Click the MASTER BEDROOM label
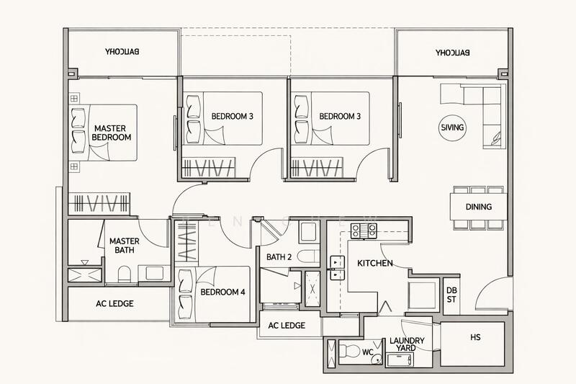[x=112, y=133]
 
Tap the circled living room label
[x=452, y=128]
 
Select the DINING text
[x=478, y=207]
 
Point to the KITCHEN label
[x=375, y=264]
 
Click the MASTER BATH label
[x=123, y=246]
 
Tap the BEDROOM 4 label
[x=222, y=293]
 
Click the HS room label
[x=475, y=337]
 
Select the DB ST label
[x=451, y=295]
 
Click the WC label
[x=367, y=352]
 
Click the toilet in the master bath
[x=123, y=274]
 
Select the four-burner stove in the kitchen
[x=364, y=231]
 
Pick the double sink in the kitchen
[x=336, y=267]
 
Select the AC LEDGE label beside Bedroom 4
[x=287, y=326]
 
